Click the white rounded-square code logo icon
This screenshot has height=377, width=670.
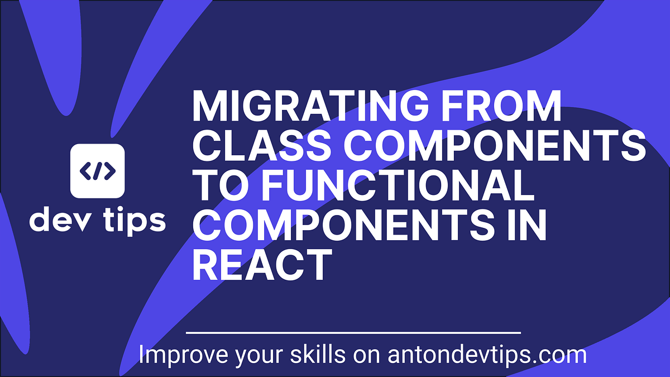click(97, 170)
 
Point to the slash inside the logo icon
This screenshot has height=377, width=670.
click(97, 170)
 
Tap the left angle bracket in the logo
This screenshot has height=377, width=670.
click(85, 170)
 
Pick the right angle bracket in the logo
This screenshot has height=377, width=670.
click(110, 170)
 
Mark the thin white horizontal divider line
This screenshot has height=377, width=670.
click(353, 333)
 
